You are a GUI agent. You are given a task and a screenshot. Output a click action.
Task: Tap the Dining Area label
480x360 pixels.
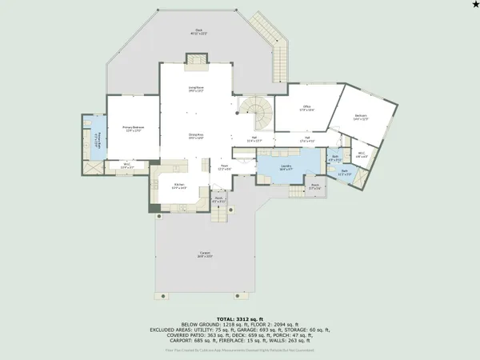tap(194, 135)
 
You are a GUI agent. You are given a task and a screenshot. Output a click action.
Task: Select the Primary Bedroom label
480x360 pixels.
tap(132, 128)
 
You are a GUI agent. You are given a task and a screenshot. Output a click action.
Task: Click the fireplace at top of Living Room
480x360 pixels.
tap(195, 61)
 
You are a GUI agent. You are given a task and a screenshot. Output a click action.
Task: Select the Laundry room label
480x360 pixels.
tap(286, 168)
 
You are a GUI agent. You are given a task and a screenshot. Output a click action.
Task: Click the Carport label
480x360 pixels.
tap(206, 254)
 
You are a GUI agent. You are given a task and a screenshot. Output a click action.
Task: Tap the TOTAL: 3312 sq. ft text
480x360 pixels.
tap(240, 307)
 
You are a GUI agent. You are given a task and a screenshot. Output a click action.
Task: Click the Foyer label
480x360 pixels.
tap(226, 167)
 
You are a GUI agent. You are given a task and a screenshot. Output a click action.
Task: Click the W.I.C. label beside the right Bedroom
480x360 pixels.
tap(362, 154)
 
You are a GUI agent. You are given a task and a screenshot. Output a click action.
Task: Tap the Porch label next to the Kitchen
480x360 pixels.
tap(218, 200)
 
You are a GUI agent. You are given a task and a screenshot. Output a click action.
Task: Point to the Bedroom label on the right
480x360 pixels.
tap(361, 117)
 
